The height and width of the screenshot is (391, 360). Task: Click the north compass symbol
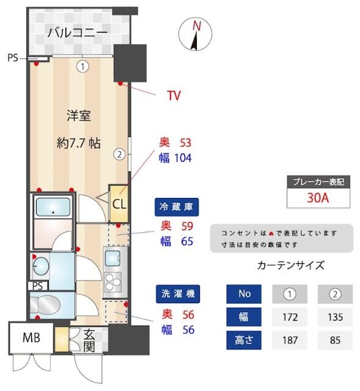[196, 35]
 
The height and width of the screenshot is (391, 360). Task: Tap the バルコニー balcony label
[78, 32]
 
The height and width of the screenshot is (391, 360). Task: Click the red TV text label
[175, 95]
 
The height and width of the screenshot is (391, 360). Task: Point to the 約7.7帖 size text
[78, 144]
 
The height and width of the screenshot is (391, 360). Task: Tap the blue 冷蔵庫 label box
[177, 207]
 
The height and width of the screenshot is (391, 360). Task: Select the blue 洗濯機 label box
[177, 293]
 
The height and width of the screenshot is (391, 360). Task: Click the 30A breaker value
[318, 197]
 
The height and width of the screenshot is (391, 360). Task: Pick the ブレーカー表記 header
[318, 181]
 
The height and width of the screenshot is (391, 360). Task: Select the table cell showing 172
[290, 317]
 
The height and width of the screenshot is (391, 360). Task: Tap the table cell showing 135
[335, 317]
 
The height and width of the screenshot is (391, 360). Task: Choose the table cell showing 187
[290, 340]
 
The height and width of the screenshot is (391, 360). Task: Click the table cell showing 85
[335, 340]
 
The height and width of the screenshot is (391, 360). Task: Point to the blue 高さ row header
[244, 340]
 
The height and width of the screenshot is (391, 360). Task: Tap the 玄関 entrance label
[89, 341]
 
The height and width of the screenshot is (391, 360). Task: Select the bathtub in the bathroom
[52, 208]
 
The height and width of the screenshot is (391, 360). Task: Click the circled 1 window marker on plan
[83, 66]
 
